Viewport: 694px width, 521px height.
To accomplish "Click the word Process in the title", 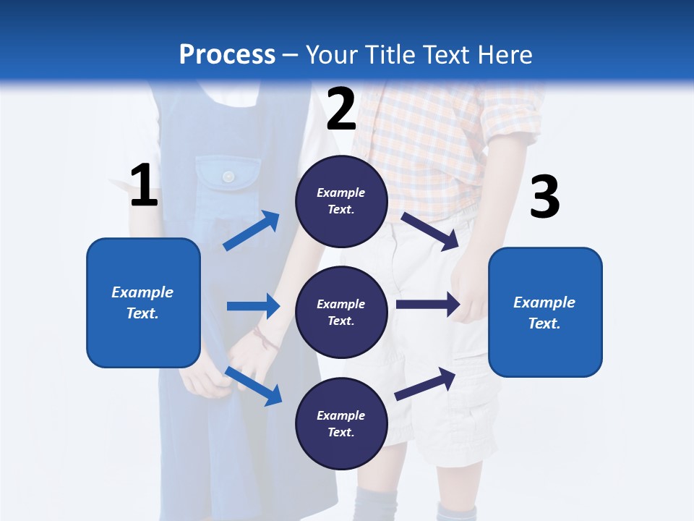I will click(x=227, y=55).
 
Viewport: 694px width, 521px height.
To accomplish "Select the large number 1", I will click(x=144, y=186).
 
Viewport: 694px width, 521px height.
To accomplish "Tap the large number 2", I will click(x=341, y=109).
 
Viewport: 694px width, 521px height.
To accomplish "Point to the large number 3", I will click(x=544, y=197).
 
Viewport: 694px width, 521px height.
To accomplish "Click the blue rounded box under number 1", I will click(x=143, y=302).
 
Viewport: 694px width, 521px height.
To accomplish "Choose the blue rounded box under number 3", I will click(x=545, y=313).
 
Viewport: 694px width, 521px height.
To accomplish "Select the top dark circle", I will click(x=341, y=201).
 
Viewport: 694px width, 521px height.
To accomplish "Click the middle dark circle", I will click(x=341, y=313).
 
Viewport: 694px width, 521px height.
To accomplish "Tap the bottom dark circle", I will click(x=341, y=424).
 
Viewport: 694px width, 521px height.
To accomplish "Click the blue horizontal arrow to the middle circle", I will click(x=253, y=306).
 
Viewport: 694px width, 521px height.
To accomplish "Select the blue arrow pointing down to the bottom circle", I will click(x=253, y=385).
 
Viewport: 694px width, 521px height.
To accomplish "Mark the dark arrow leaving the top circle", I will click(x=430, y=231).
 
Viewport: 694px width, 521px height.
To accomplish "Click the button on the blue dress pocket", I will click(x=228, y=176).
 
